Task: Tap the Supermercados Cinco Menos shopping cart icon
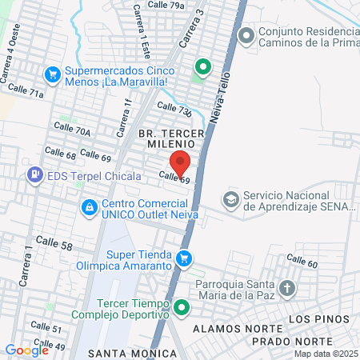point(53,74)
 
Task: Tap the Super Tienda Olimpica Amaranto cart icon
point(185,258)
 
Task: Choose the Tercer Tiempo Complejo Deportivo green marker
point(182,306)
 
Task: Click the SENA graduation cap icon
point(231,198)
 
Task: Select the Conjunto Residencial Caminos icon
point(246,34)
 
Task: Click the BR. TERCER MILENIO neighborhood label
point(171,138)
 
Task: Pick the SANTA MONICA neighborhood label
point(121,353)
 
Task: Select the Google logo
point(26,350)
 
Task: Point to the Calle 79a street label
point(166,5)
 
